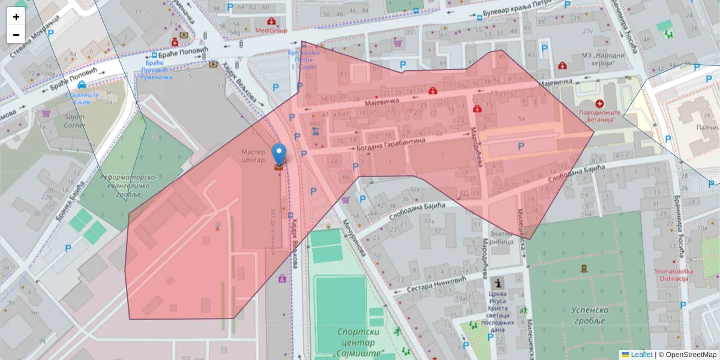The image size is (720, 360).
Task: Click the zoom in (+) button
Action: pyautogui.click(x=16, y=16)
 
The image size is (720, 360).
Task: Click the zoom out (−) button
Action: pyautogui.click(x=16, y=34)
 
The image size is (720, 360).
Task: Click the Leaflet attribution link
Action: pyautogui.click(x=641, y=355)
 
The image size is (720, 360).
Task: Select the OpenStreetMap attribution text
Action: pyautogui.click(x=688, y=355)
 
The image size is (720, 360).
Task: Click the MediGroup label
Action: pyautogui.click(x=271, y=31)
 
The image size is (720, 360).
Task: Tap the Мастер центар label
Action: pyautogui.click(x=253, y=156)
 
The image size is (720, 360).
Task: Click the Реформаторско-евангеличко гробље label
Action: pyautogui.click(x=128, y=186)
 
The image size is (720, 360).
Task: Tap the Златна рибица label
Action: pyautogui.click(x=502, y=238)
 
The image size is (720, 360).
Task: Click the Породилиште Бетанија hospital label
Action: pyautogui.click(x=598, y=116)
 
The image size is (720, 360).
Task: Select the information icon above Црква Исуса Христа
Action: pyautogui.click(x=497, y=283)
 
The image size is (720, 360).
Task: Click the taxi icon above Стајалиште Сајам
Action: pyautogui.click(x=81, y=85)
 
